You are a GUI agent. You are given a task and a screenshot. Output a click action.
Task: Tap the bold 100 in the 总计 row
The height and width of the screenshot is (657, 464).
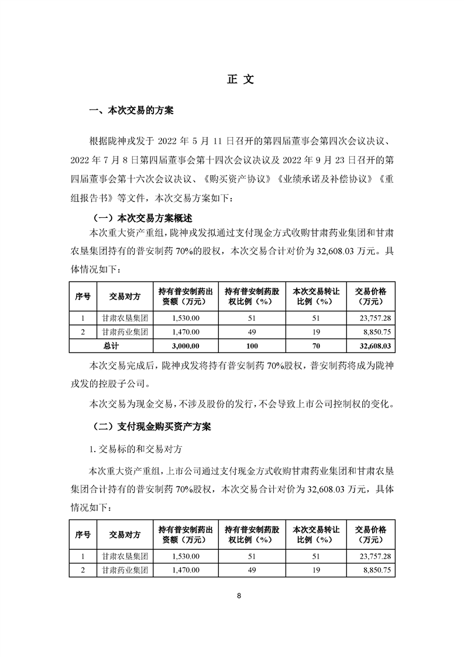click(x=252, y=346)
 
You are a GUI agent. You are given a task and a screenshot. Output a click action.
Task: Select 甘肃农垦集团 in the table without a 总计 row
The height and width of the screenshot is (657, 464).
click(x=125, y=555)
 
